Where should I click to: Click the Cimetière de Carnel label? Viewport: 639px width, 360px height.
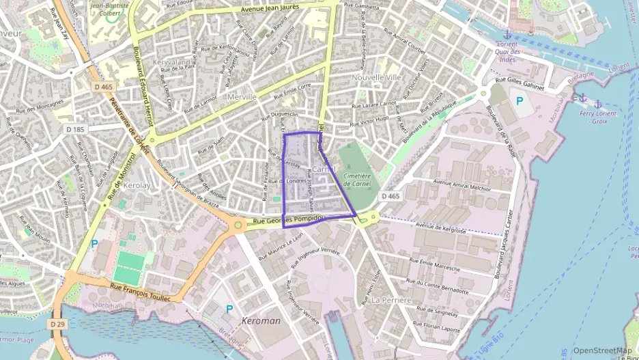pos(357,179)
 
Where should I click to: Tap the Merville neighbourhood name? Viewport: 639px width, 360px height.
pos(242,97)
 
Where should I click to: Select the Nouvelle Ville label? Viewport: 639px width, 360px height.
pos(377,78)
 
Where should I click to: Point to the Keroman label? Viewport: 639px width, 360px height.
pos(260,320)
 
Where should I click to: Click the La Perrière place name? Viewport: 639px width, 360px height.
pos(391,300)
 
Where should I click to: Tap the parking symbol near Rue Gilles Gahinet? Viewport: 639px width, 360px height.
pos(520,101)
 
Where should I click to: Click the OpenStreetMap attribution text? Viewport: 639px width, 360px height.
pos(602,351)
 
